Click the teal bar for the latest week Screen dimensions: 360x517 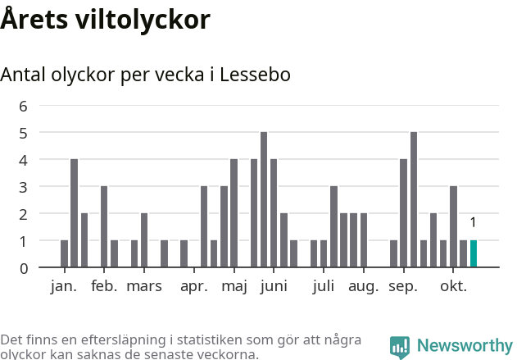click(x=474, y=254)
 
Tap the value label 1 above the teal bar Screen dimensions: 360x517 click(x=473, y=222)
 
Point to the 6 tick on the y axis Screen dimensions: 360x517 click(x=23, y=106)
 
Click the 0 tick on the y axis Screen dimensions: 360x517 click(x=23, y=268)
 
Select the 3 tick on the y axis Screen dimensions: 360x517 click(x=23, y=187)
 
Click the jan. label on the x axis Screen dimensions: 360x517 click(x=63, y=286)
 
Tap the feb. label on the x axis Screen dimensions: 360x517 click(x=104, y=286)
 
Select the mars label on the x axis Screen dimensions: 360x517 click(x=144, y=286)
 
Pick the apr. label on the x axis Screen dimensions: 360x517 click(x=194, y=286)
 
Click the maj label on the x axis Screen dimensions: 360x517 click(x=234, y=286)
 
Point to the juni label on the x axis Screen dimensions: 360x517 click(x=274, y=286)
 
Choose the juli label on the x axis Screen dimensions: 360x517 click(x=324, y=286)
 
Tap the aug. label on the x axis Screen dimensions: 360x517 click(x=363, y=286)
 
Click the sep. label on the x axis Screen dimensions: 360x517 click(x=403, y=286)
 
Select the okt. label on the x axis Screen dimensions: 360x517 click(x=453, y=286)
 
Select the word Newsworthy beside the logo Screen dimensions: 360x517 click(x=465, y=346)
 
